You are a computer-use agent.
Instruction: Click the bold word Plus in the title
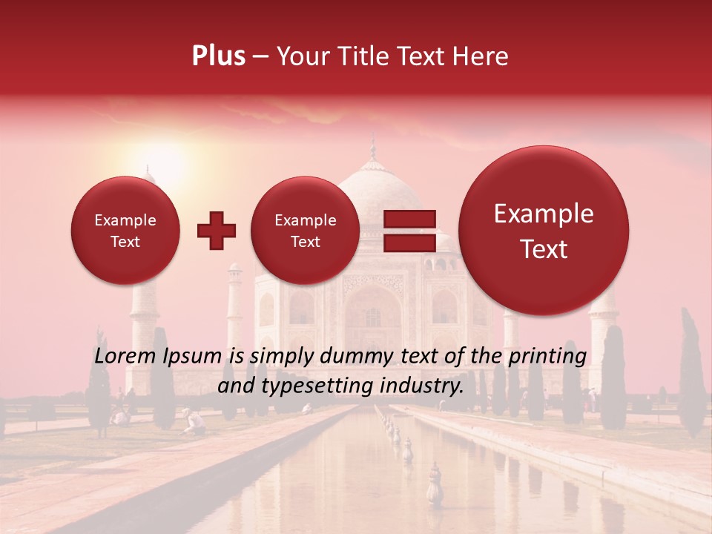(x=218, y=56)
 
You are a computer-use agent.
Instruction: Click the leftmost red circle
(x=125, y=231)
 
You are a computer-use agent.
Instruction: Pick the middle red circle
(x=305, y=231)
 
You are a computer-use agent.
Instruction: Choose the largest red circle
(x=544, y=231)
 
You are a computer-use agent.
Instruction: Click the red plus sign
(x=216, y=231)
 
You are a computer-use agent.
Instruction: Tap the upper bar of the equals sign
(x=409, y=219)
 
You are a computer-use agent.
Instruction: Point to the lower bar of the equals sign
(x=409, y=243)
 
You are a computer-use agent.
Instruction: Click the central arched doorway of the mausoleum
(x=372, y=311)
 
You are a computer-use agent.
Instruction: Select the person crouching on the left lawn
(x=195, y=421)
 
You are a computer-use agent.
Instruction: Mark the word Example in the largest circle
(x=544, y=214)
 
